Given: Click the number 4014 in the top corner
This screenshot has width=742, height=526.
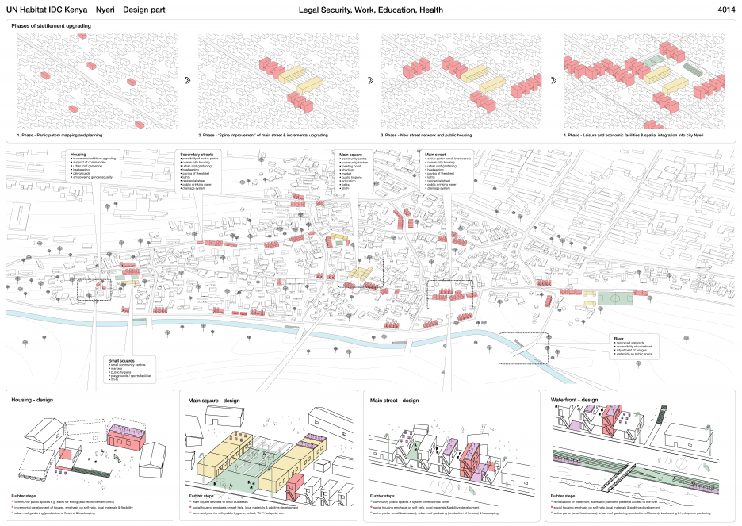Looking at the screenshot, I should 725,10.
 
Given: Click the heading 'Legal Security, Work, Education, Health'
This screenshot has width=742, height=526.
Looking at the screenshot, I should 371,10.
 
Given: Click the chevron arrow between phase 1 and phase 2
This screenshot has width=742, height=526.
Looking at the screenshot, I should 186,80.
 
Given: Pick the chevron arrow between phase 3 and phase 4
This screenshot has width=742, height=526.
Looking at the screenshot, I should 553,80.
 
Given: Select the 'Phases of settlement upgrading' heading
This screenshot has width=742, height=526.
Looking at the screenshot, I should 52,26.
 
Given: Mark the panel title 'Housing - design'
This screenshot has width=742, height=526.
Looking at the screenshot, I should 32,400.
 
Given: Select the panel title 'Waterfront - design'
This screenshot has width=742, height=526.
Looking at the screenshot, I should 574,400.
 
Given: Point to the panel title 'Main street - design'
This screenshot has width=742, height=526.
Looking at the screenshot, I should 394,400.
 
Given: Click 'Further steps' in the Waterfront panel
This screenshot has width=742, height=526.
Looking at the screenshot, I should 564,494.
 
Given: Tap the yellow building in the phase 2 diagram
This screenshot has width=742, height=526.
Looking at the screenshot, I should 300,77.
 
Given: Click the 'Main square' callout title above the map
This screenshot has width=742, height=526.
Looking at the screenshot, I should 350,154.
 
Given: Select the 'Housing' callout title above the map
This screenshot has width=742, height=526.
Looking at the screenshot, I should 78,154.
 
